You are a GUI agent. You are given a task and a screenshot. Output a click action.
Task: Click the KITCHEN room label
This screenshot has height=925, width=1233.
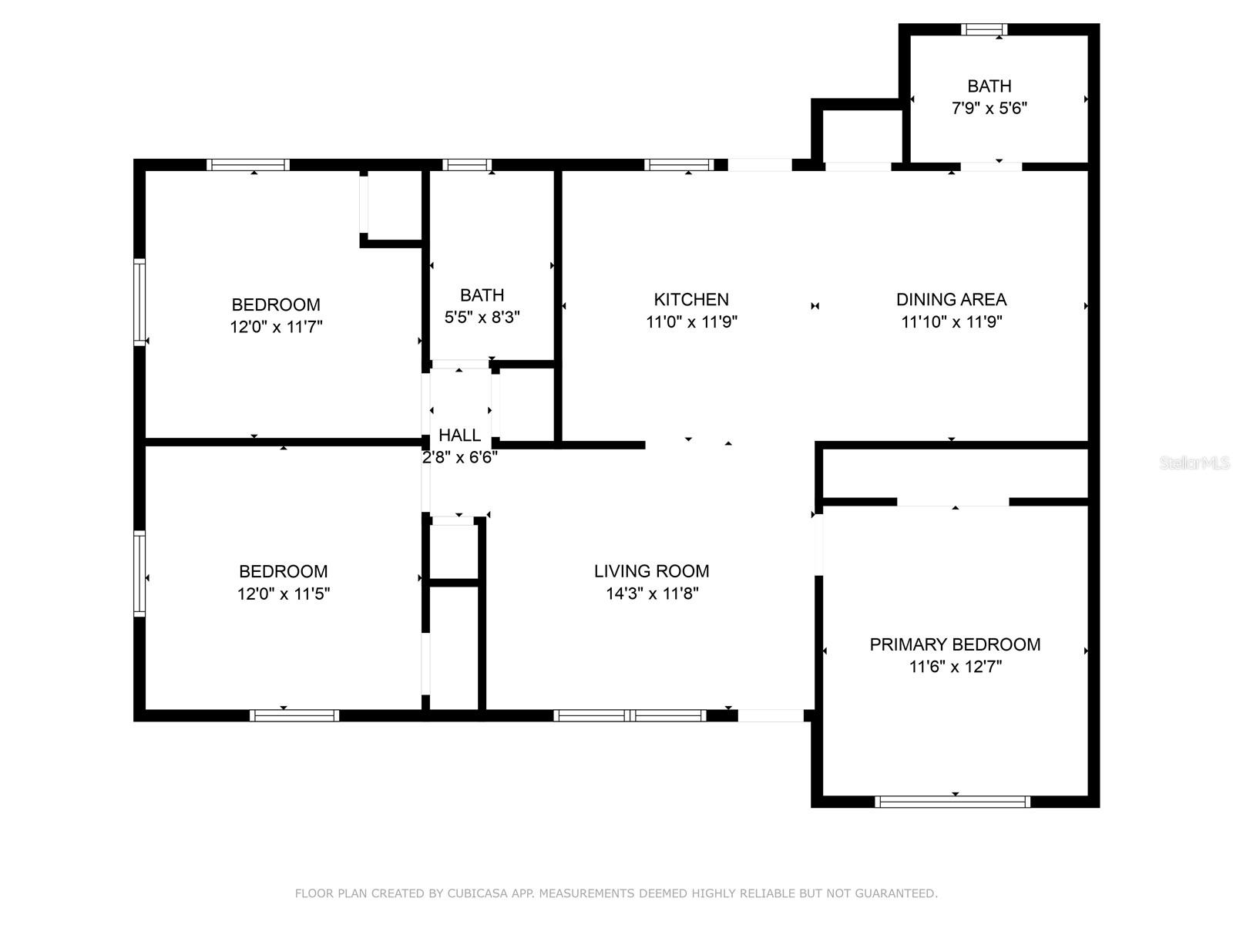point(691,299)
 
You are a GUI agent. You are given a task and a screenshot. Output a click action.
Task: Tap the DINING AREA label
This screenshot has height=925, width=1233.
point(951,299)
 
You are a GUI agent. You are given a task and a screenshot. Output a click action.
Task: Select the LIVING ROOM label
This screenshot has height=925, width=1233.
point(651,571)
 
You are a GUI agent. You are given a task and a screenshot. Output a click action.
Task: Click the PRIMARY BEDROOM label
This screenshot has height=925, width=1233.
point(955,644)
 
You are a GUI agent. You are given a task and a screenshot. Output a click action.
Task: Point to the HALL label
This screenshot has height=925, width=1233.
point(459,435)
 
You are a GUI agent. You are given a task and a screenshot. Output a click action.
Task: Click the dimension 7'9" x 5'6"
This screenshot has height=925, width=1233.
point(989,108)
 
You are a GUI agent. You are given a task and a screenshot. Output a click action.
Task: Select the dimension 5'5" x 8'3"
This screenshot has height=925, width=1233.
point(482,317)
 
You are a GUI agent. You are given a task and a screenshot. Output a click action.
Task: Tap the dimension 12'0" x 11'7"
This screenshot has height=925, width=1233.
point(276,327)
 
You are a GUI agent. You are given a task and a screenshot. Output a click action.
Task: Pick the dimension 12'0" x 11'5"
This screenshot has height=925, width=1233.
point(284,594)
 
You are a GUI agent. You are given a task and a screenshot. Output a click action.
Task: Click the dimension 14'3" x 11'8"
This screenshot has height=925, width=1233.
point(652,594)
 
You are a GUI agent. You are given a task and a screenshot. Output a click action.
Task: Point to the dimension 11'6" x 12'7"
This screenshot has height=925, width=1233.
point(955,667)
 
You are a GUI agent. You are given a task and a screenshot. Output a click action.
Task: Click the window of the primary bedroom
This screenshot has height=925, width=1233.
point(952,802)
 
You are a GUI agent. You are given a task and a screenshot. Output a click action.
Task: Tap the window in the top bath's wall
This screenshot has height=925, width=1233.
point(984,29)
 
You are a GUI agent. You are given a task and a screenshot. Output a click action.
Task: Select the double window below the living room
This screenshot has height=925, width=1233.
point(630,715)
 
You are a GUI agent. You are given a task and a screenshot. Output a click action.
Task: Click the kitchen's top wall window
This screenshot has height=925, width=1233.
point(679,164)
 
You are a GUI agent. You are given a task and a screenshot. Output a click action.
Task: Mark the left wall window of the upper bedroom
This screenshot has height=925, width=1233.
point(139,301)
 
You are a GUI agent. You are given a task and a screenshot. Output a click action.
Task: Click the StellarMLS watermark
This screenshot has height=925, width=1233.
point(1194,463)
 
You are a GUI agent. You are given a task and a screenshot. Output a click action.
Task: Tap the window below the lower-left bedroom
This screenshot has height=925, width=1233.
point(294,715)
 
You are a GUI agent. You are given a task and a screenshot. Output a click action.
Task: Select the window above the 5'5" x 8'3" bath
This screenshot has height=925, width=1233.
point(467,164)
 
